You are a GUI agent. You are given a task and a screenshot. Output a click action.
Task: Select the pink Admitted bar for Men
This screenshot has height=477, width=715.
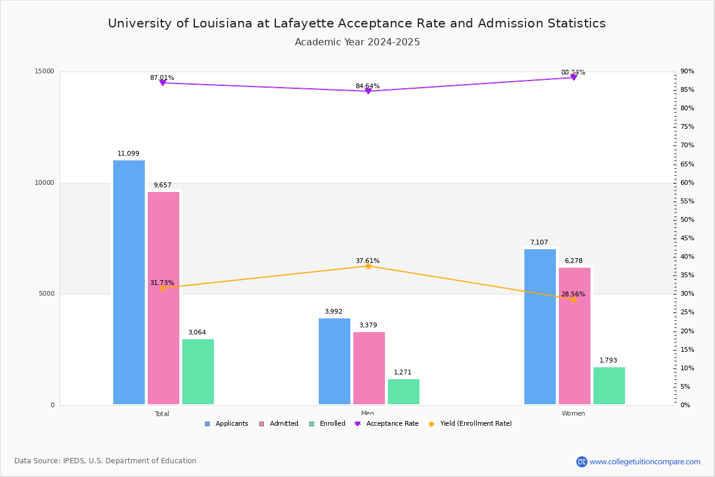(x=369, y=368)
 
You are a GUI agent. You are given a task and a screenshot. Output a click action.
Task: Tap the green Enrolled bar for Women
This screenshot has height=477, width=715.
(x=609, y=386)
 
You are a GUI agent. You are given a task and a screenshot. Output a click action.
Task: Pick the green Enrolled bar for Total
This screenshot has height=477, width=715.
(x=198, y=372)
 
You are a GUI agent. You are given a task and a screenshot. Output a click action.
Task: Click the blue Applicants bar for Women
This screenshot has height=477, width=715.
(x=540, y=327)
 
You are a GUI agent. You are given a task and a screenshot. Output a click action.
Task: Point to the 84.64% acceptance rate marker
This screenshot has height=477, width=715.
(x=368, y=91)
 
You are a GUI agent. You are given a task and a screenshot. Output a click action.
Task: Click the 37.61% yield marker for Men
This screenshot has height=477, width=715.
(x=368, y=266)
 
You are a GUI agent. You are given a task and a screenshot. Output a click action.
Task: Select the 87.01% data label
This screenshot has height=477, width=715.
(x=162, y=78)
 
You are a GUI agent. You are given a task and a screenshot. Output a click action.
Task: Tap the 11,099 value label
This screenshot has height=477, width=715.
(x=128, y=154)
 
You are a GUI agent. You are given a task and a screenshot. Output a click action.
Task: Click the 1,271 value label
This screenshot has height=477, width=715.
(x=403, y=373)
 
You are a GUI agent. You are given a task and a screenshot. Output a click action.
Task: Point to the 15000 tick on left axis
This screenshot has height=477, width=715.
(x=44, y=72)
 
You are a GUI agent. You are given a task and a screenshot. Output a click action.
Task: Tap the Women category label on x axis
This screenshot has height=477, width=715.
(x=573, y=414)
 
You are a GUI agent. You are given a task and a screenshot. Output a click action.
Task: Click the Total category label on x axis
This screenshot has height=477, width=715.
(x=162, y=414)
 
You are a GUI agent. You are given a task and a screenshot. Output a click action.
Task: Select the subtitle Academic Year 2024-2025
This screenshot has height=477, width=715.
(x=357, y=42)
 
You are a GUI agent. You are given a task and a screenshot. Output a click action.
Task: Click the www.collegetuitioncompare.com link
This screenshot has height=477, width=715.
(x=645, y=461)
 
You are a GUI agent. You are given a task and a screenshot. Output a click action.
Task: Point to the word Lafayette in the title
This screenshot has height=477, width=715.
(x=303, y=24)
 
